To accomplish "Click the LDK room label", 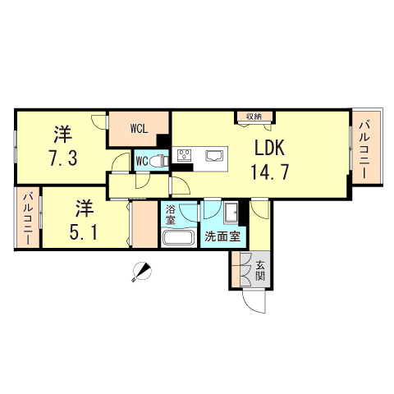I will [268, 150].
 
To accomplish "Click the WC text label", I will [142, 161].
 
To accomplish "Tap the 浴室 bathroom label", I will [171, 215].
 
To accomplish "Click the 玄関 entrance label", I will [259, 270].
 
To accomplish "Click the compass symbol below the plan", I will [141, 272].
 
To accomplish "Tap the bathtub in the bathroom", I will [177, 239].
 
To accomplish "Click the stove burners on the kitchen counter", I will [185, 154].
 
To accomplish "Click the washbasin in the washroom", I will [231, 211].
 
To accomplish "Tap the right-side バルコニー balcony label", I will [363, 151].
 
